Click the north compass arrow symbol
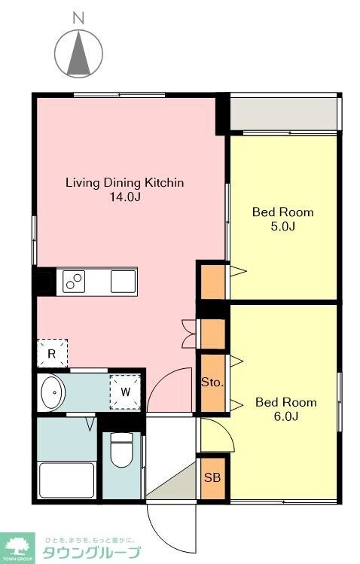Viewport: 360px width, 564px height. [78, 53]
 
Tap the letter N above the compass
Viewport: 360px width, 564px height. [77, 16]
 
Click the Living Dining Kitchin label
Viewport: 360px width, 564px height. [124, 183]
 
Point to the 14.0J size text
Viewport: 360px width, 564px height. [125, 197]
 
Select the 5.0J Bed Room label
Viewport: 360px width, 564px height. [282, 219]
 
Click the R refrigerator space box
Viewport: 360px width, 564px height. [52, 352]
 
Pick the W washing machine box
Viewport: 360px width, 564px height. [125, 392]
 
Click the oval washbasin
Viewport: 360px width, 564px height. [52, 393]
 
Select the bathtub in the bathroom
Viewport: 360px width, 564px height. [66, 479]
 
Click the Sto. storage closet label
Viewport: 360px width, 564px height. [212, 383]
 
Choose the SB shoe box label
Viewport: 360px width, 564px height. [212, 477]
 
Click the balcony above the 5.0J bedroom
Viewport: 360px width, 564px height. [282, 113]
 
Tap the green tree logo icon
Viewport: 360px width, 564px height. [18, 545]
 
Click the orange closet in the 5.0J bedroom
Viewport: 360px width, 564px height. [212, 281]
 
